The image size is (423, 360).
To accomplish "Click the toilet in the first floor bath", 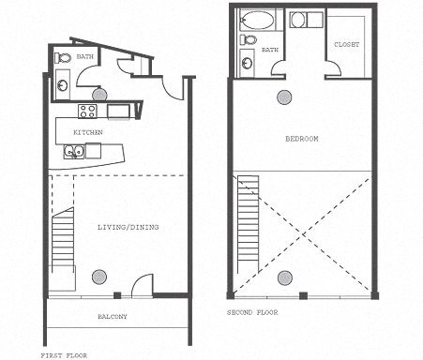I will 63,58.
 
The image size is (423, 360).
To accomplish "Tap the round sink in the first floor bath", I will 62,84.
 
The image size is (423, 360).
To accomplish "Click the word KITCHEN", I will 88,133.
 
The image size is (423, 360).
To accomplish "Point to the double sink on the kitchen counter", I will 74,151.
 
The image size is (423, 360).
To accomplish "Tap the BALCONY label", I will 113,316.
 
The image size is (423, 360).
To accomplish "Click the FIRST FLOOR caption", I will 64,355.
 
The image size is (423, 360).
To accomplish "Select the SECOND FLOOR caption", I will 252,311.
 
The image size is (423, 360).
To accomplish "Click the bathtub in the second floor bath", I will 258,20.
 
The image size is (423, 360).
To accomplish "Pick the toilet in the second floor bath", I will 249,39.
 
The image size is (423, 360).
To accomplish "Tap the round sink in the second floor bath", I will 247,63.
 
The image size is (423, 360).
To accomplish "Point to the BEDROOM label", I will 302,139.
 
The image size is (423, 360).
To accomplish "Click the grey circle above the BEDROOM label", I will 284,97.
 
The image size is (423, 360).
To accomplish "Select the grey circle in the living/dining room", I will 98,276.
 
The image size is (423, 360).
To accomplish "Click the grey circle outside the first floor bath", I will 98,95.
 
